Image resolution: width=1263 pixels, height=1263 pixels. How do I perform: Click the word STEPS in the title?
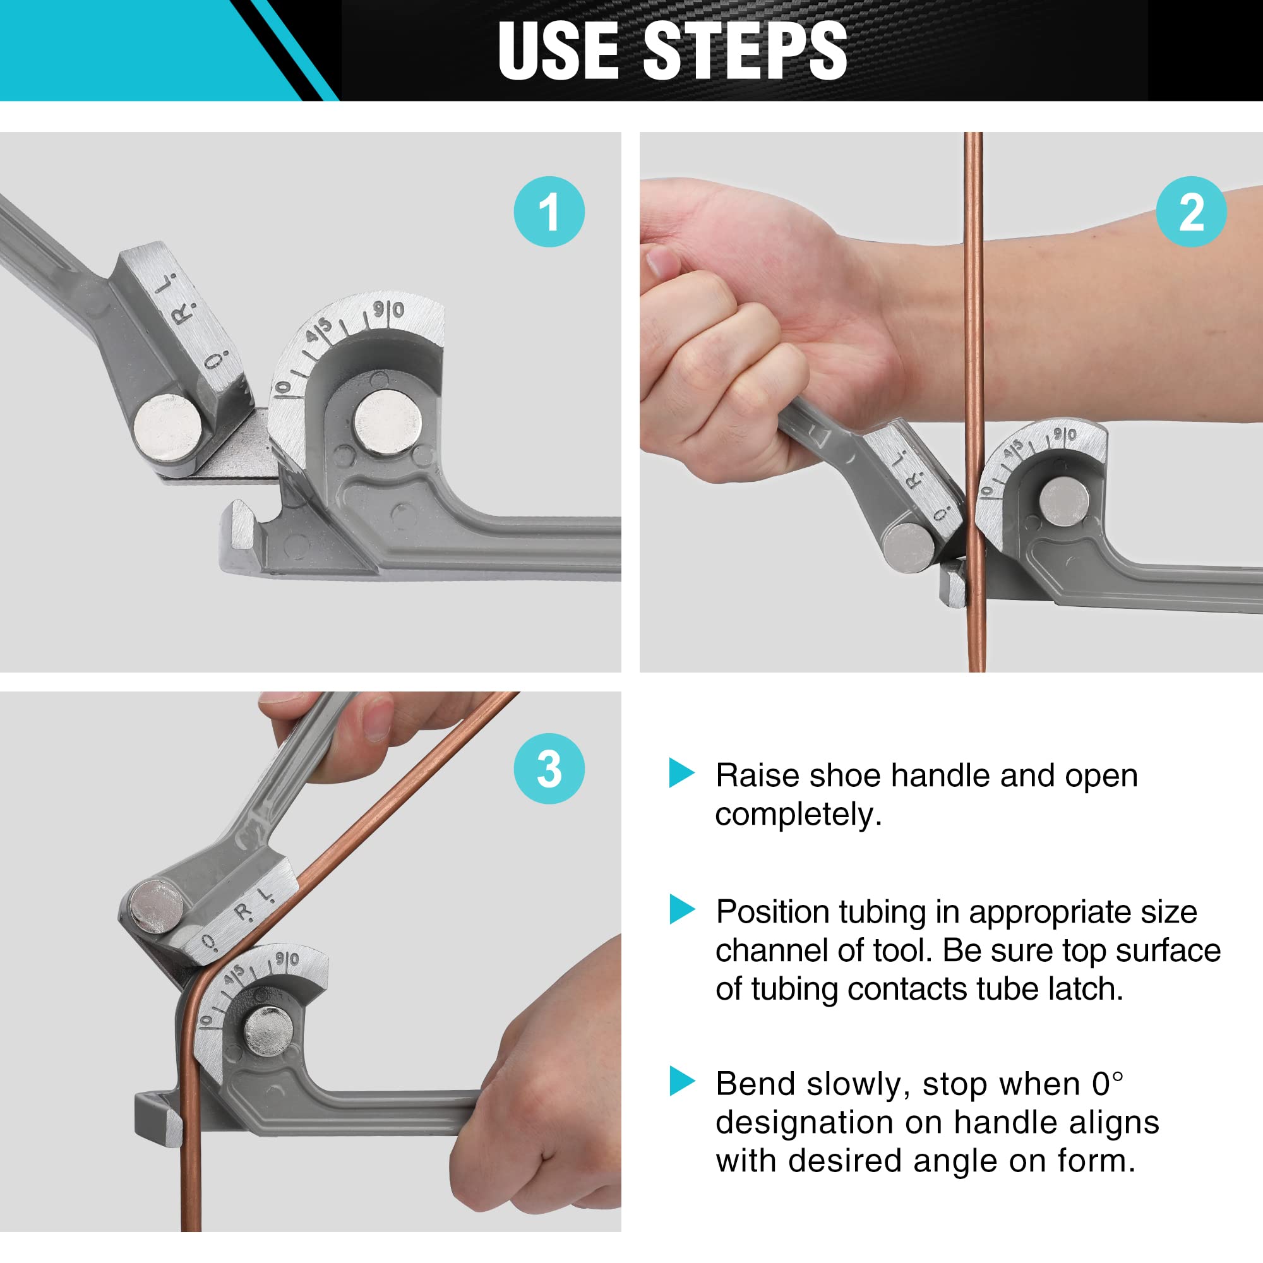coord(745,51)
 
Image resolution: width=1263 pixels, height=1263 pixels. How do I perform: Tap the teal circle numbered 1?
coord(549,212)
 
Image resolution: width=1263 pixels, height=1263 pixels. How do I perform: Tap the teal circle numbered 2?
coord(1191,212)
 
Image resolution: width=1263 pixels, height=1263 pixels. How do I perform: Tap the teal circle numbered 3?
coord(549,769)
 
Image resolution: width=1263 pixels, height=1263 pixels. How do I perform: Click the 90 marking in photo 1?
coord(389,310)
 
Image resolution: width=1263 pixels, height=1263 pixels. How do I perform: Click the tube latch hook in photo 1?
coord(241,523)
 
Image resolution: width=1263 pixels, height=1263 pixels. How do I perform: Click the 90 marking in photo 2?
coord(1064,434)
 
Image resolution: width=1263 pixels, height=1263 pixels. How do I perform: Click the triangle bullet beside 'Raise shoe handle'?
coord(681,774)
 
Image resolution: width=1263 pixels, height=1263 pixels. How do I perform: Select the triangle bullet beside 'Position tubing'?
coord(681,910)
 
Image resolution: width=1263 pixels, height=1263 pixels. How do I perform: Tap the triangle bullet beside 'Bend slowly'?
coord(681,1081)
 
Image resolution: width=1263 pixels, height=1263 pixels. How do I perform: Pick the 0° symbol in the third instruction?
coord(1108,1083)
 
